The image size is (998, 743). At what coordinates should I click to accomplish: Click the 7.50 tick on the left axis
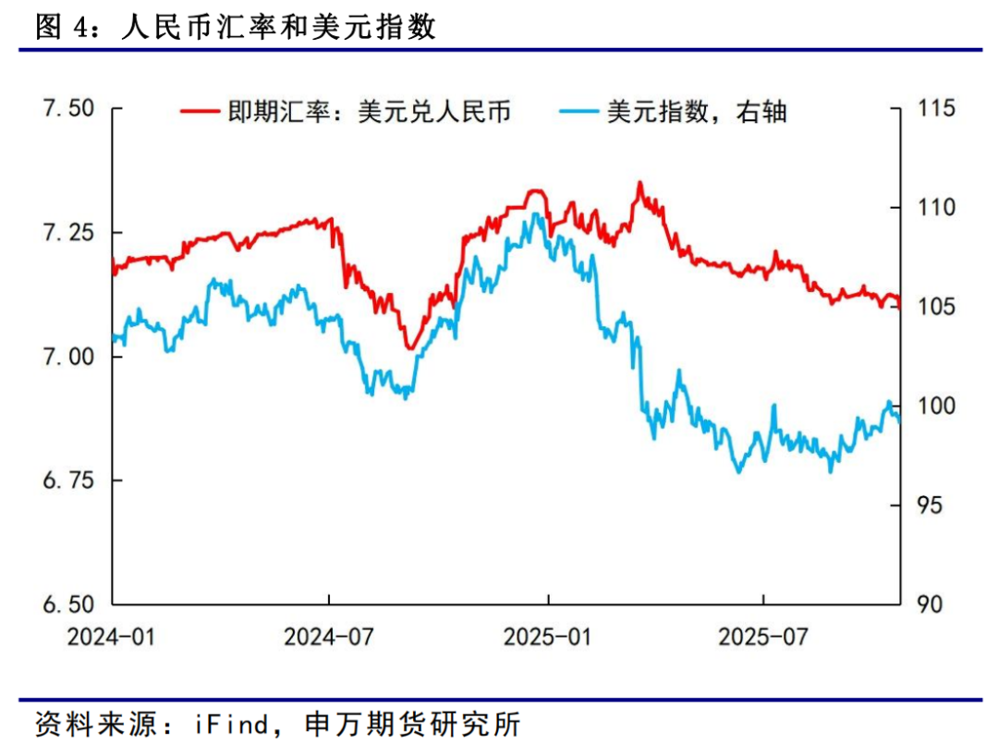tap(68, 109)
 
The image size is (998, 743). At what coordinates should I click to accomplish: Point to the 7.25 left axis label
tap(68, 232)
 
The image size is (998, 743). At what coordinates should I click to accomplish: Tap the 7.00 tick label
tap(68, 357)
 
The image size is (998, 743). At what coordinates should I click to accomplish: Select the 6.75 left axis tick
tap(68, 481)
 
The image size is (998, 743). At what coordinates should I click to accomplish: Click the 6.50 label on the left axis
tap(68, 604)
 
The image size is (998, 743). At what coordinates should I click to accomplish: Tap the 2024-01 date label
tap(112, 637)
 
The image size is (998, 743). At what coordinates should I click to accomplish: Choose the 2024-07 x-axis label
tap(330, 637)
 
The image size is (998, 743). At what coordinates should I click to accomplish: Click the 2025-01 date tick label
tap(548, 637)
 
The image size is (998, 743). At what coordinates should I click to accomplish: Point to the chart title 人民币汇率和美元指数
tap(278, 28)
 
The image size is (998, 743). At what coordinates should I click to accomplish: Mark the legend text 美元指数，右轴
tap(696, 113)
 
